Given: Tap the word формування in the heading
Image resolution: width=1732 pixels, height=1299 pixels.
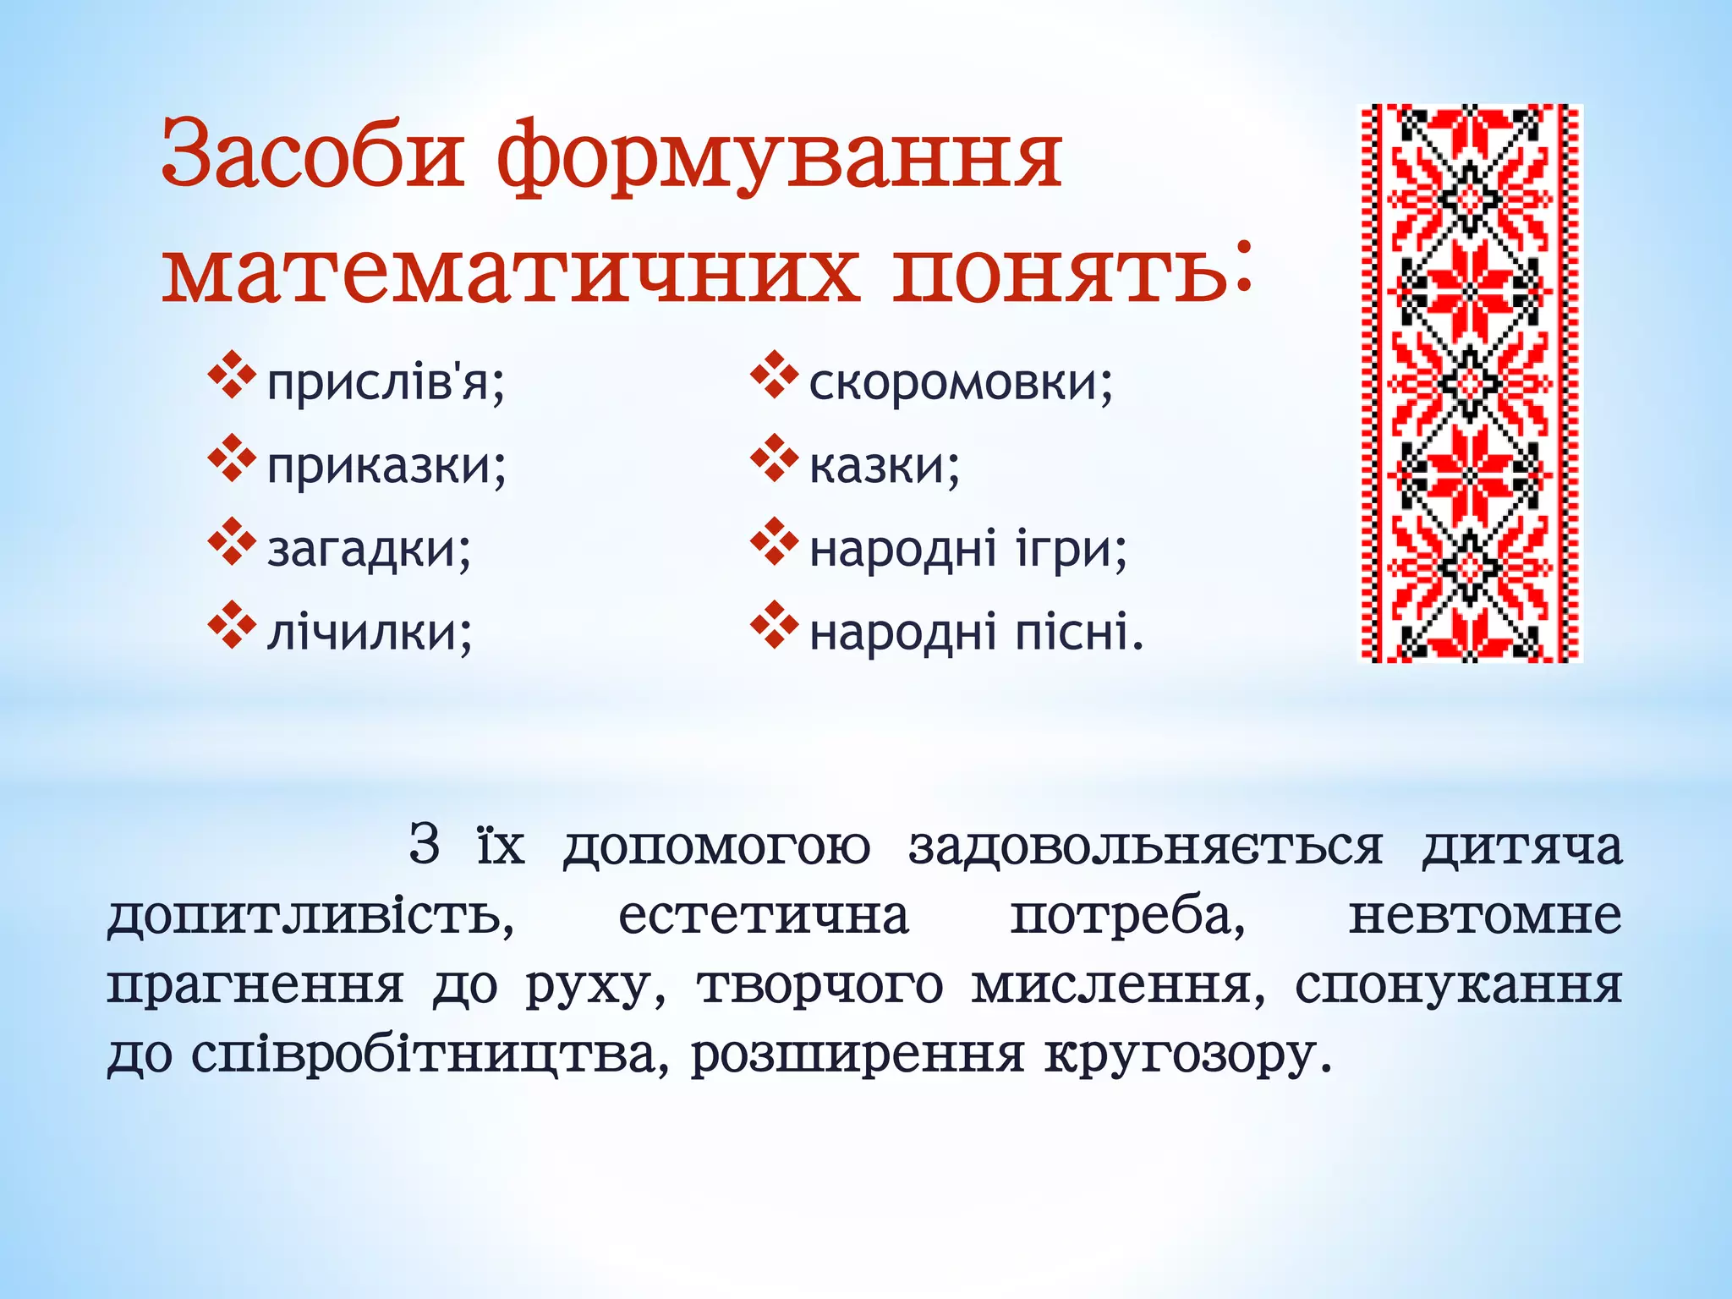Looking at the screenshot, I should [x=778, y=157].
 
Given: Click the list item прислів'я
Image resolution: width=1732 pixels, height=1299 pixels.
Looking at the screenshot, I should [x=386, y=383].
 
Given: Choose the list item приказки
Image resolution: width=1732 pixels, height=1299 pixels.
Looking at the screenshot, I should [x=386, y=465].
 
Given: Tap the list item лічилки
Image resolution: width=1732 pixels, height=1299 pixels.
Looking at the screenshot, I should [x=370, y=631].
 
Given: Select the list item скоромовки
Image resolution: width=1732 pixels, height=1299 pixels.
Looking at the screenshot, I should [x=961, y=382].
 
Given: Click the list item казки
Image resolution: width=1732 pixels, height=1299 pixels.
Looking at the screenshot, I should [x=884, y=465].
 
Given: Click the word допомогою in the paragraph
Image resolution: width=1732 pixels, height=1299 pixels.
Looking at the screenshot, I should [x=716, y=847].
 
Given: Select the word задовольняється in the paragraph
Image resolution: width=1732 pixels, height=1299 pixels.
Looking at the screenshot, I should [x=1145, y=847].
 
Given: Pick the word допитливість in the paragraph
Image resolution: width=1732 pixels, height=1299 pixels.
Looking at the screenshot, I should [x=310, y=917].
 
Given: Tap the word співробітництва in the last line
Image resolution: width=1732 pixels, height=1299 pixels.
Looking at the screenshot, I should [x=423, y=1055].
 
